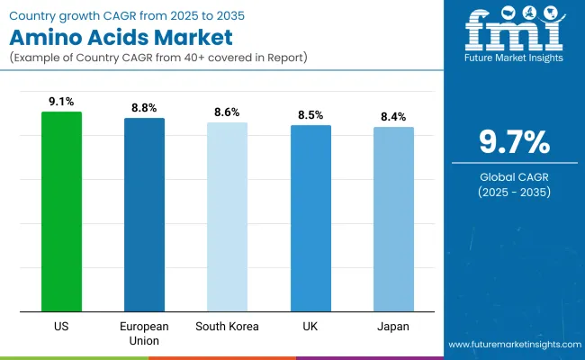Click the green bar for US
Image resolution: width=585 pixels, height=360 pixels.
click(x=61, y=212)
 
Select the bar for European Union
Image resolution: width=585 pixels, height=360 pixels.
click(x=144, y=215)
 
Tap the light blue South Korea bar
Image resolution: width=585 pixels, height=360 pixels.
click(x=227, y=218)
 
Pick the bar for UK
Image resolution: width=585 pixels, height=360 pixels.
click(x=310, y=219)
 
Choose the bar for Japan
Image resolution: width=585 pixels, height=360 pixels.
click(x=393, y=220)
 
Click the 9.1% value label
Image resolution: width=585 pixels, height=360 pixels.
click(x=61, y=102)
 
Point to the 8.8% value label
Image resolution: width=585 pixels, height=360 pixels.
click(x=144, y=107)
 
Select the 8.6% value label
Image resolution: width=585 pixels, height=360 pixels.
click(x=227, y=112)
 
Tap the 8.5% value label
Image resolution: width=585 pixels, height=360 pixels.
click(x=310, y=114)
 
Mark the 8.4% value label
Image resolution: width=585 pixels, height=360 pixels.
click(x=393, y=116)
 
